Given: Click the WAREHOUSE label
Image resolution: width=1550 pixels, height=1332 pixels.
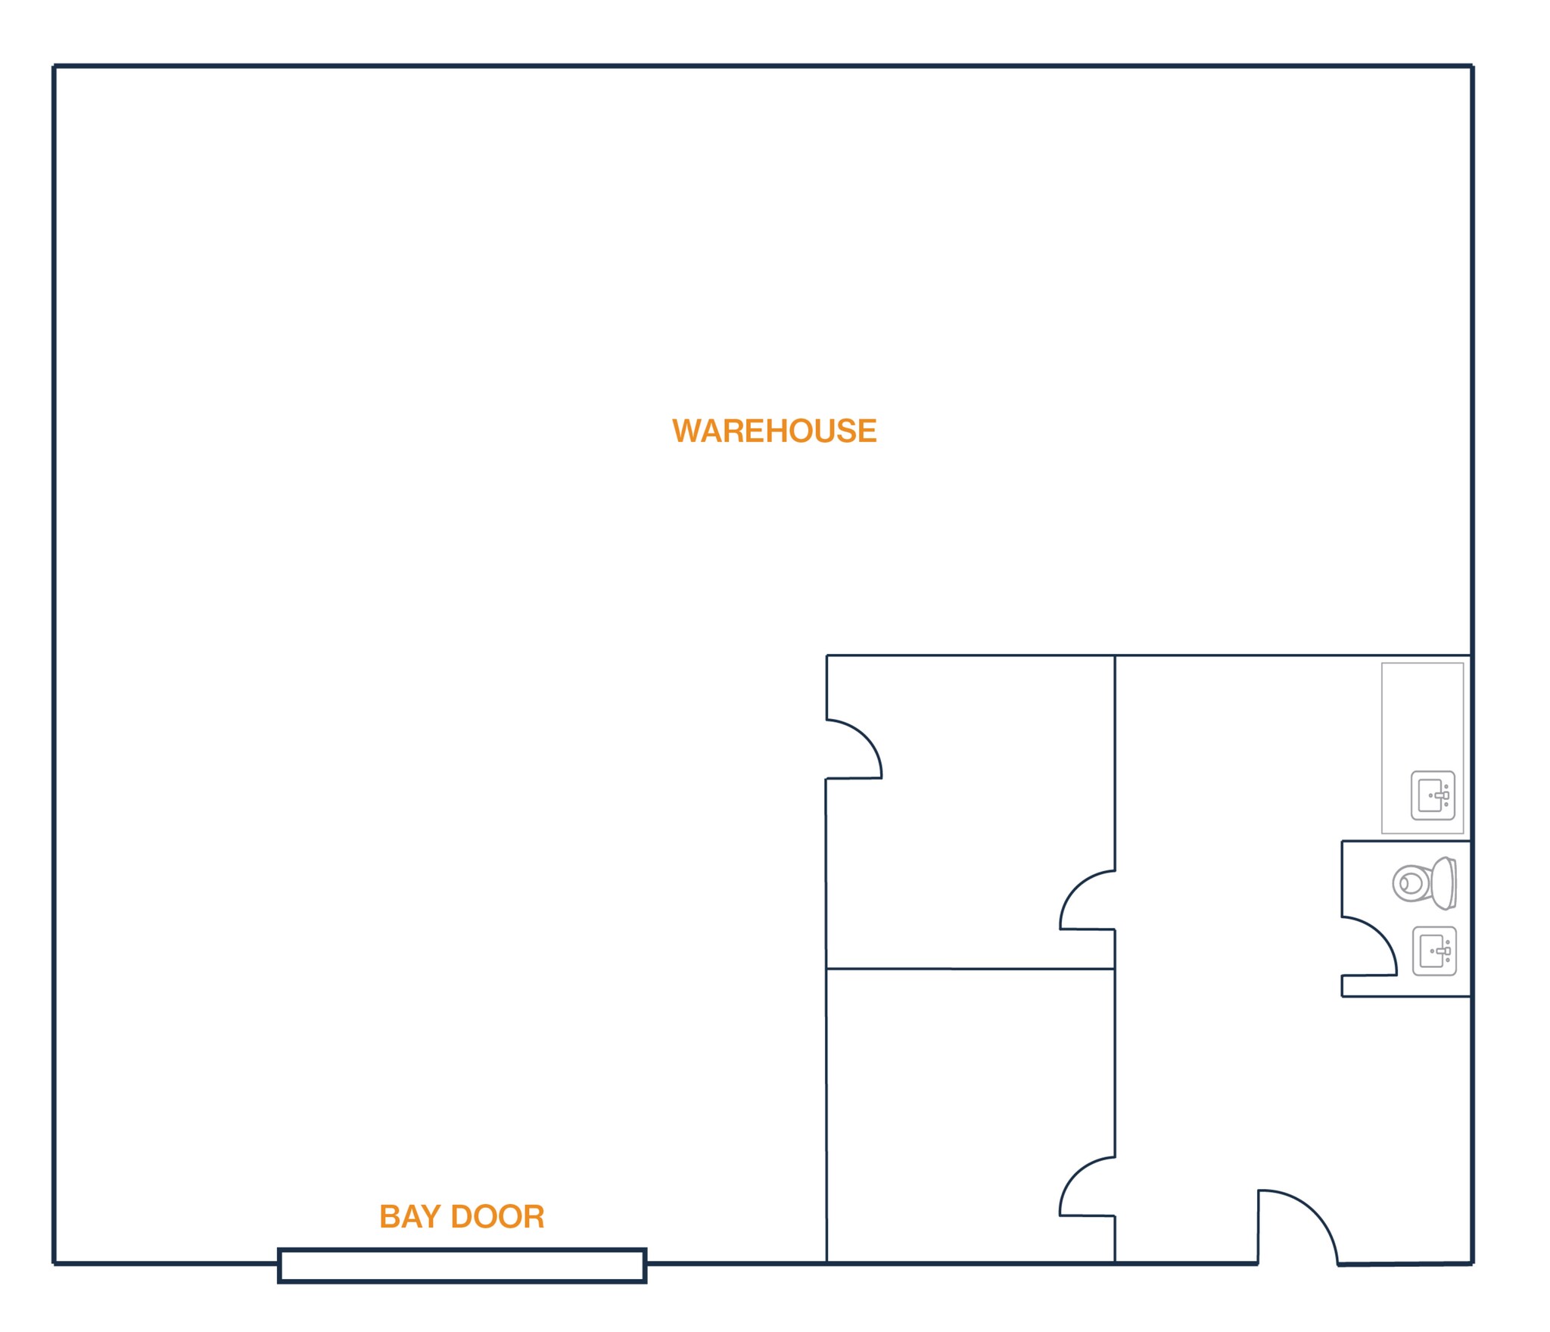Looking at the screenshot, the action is pos(774,431).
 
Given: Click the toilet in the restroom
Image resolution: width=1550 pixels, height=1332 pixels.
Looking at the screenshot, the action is pos(1424,883).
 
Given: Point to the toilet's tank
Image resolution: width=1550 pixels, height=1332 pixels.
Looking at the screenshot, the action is pos(1445,883).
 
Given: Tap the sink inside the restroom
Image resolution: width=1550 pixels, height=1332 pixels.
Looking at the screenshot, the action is pos(1434,951).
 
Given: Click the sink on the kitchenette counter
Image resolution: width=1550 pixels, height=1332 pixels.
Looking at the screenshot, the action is pos(1433,795).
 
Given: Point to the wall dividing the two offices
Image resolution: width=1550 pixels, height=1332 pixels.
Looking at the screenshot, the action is pos(970,969).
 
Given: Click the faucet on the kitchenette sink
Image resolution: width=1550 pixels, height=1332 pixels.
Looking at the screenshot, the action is pos(1442,795).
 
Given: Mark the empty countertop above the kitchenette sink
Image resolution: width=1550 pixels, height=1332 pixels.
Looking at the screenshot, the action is pos(1422,716).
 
